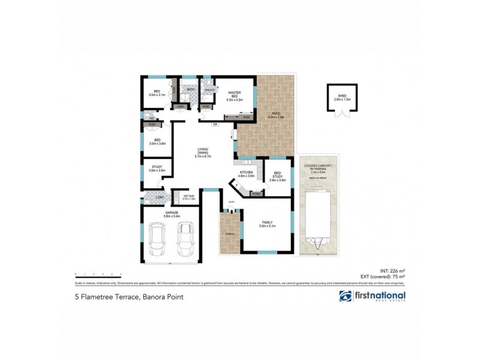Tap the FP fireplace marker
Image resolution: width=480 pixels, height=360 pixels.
point(215,125)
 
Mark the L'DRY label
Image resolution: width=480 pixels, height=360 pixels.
point(160,197)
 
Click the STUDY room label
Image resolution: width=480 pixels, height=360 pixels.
point(157,167)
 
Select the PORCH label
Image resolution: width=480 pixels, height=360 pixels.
point(229,233)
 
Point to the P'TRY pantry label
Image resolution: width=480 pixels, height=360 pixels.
point(256,194)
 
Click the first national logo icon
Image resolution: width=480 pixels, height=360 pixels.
point(346,296)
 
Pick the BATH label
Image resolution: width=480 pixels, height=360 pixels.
point(191,90)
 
